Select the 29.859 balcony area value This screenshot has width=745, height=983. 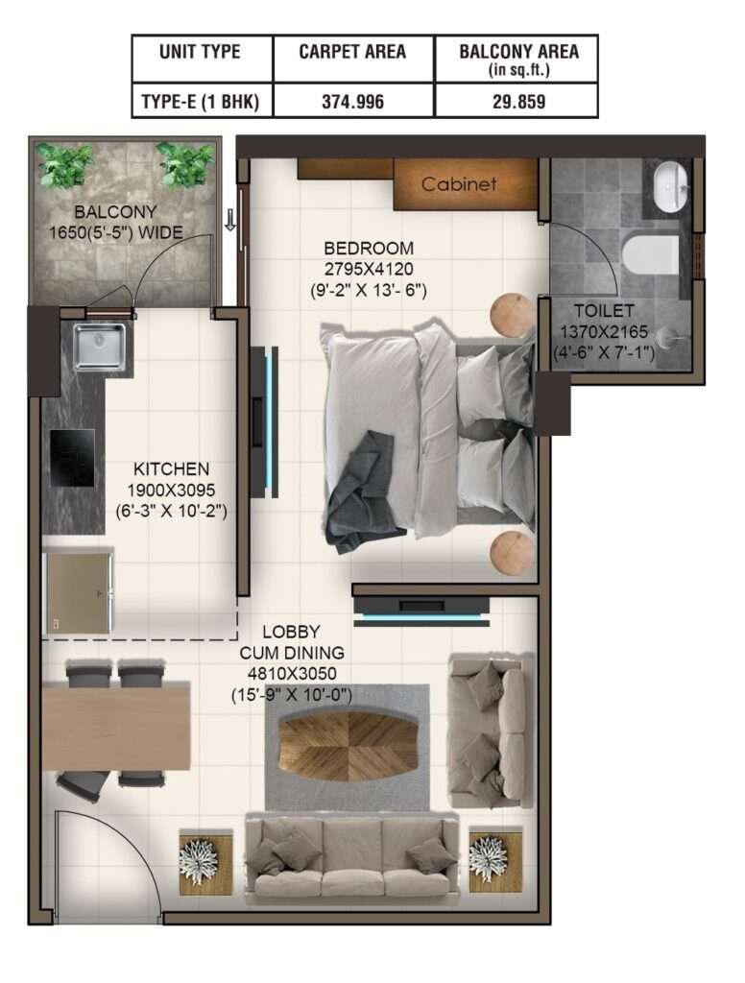[518, 102]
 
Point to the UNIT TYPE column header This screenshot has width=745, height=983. [200, 52]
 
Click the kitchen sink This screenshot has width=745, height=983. [99, 346]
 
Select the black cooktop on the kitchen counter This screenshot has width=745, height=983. [73, 458]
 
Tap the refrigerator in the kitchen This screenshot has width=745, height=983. [78, 592]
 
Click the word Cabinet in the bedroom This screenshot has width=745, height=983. [459, 183]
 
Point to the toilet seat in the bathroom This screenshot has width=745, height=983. [650, 255]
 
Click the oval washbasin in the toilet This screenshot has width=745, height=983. [670, 187]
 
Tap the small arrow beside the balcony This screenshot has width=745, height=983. [230, 220]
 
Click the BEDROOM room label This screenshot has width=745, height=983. [369, 249]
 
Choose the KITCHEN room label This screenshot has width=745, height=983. [171, 468]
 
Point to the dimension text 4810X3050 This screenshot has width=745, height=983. [292, 674]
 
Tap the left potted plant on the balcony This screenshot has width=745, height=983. [63, 164]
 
